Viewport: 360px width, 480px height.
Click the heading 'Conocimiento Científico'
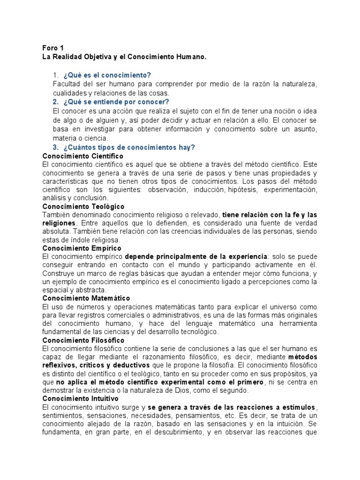(x=82, y=156)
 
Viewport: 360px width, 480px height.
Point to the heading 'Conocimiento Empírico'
(x=82, y=248)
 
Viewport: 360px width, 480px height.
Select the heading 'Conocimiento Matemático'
(x=86, y=298)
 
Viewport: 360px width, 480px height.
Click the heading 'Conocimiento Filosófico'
(x=83, y=340)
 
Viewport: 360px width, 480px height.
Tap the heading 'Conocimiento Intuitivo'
(x=81, y=399)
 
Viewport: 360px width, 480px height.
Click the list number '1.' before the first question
(x=56, y=75)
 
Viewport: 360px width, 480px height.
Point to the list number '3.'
(x=56, y=147)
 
